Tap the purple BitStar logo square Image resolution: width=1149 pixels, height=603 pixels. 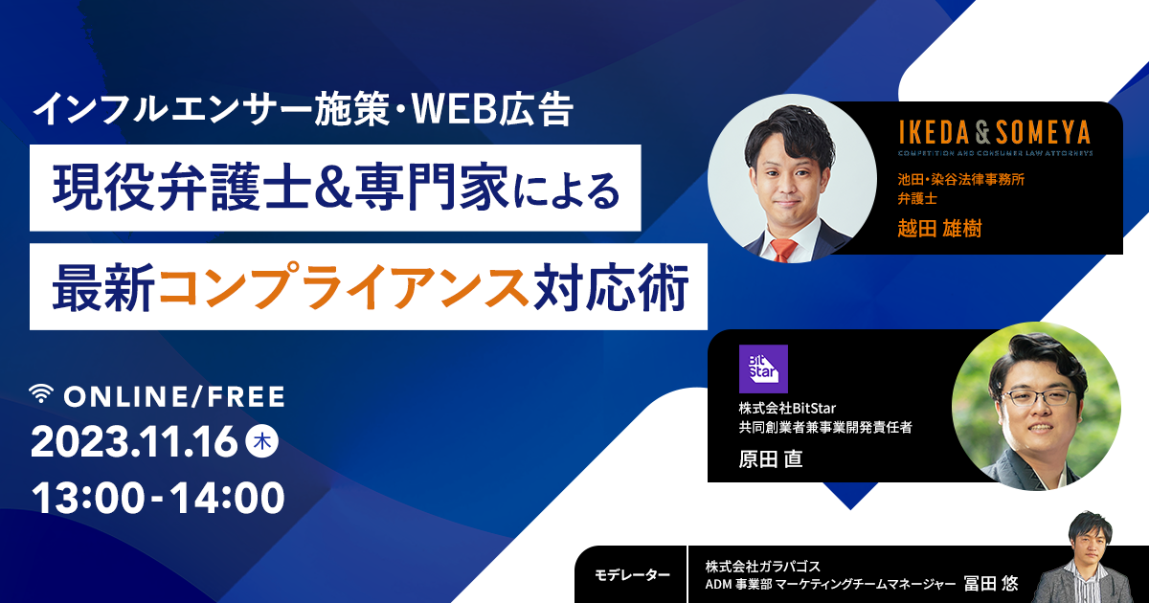[763, 368]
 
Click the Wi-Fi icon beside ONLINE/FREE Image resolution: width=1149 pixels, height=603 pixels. [41, 393]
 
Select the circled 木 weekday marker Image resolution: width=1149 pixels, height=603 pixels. [262, 441]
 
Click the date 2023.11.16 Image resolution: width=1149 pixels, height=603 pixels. [134, 442]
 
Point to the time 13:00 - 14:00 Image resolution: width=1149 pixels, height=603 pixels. [158, 498]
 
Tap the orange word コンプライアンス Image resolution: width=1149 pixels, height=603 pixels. [344, 286]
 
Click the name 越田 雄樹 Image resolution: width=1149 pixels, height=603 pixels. [939, 228]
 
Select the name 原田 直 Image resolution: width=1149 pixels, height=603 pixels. [771, 458]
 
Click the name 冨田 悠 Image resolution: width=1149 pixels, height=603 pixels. [991, 583]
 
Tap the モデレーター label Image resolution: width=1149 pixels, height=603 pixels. [632, 575]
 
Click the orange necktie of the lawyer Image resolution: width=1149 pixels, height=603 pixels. [784, 250]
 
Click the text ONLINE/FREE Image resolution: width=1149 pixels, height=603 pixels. [174, 397]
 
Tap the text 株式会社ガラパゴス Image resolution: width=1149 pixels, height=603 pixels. [763, 566]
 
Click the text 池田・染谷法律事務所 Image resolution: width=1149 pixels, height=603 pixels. [960, 180]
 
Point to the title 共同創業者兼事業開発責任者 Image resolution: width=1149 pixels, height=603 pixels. [825, 427]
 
